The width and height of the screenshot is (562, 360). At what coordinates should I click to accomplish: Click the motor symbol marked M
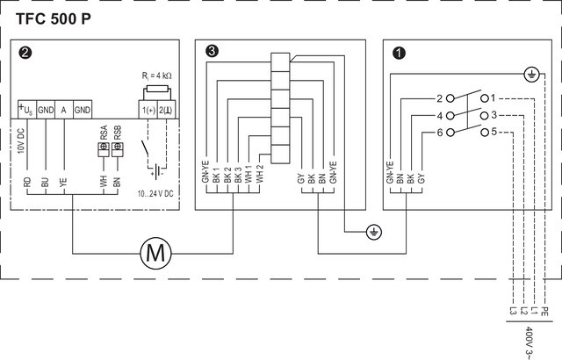coord(155,253)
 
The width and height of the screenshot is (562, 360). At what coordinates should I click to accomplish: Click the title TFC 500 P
coord(54,19)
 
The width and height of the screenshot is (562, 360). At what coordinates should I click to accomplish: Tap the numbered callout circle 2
coord(25,53)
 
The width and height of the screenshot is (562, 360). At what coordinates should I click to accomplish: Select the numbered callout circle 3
coord(212,51)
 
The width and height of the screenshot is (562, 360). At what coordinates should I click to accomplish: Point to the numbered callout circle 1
coord(399,53)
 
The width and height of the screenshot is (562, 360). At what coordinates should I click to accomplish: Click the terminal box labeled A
coord(64,110)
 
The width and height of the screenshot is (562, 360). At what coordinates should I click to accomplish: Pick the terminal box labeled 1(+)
coord(148,110)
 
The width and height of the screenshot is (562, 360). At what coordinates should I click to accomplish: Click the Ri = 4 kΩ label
coord(156,76)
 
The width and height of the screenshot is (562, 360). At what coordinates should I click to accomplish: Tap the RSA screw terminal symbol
coord(104,149)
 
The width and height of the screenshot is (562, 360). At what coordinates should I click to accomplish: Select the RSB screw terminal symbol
coord(117,149)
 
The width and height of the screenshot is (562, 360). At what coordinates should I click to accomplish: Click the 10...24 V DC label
coord(155,194)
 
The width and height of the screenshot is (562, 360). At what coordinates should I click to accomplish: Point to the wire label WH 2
coord(260,173)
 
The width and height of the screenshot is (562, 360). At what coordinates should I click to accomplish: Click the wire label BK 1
coord(216,175)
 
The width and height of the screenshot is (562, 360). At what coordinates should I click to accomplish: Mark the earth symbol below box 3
coord(374,232)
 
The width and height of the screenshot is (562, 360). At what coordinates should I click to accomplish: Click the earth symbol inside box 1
coord(531,75)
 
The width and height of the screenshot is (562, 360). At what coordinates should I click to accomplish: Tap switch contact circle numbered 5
coord(485,133)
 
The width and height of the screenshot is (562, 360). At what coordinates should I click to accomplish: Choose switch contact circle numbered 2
coord(450,98)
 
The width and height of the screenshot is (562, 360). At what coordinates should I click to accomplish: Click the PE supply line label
coord(544,311)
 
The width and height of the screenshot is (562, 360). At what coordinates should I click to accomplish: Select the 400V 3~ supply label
coord(529,342)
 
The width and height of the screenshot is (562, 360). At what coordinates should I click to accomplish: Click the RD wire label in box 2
coord(27,183)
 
